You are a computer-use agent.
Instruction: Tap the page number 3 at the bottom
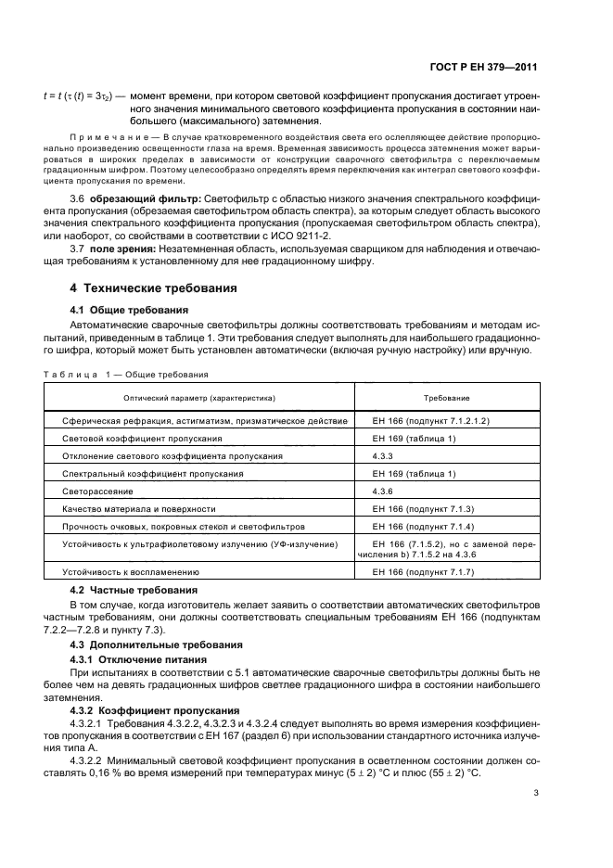(x=535, y=793)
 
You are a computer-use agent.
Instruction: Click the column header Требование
(x=446, y=397)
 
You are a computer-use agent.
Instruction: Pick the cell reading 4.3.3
(x=383, y=455)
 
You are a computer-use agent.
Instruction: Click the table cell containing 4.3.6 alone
(x=383, y=491)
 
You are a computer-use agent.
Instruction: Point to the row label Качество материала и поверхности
(x=139, y=508)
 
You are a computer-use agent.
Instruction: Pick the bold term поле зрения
(x=123, y=250)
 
